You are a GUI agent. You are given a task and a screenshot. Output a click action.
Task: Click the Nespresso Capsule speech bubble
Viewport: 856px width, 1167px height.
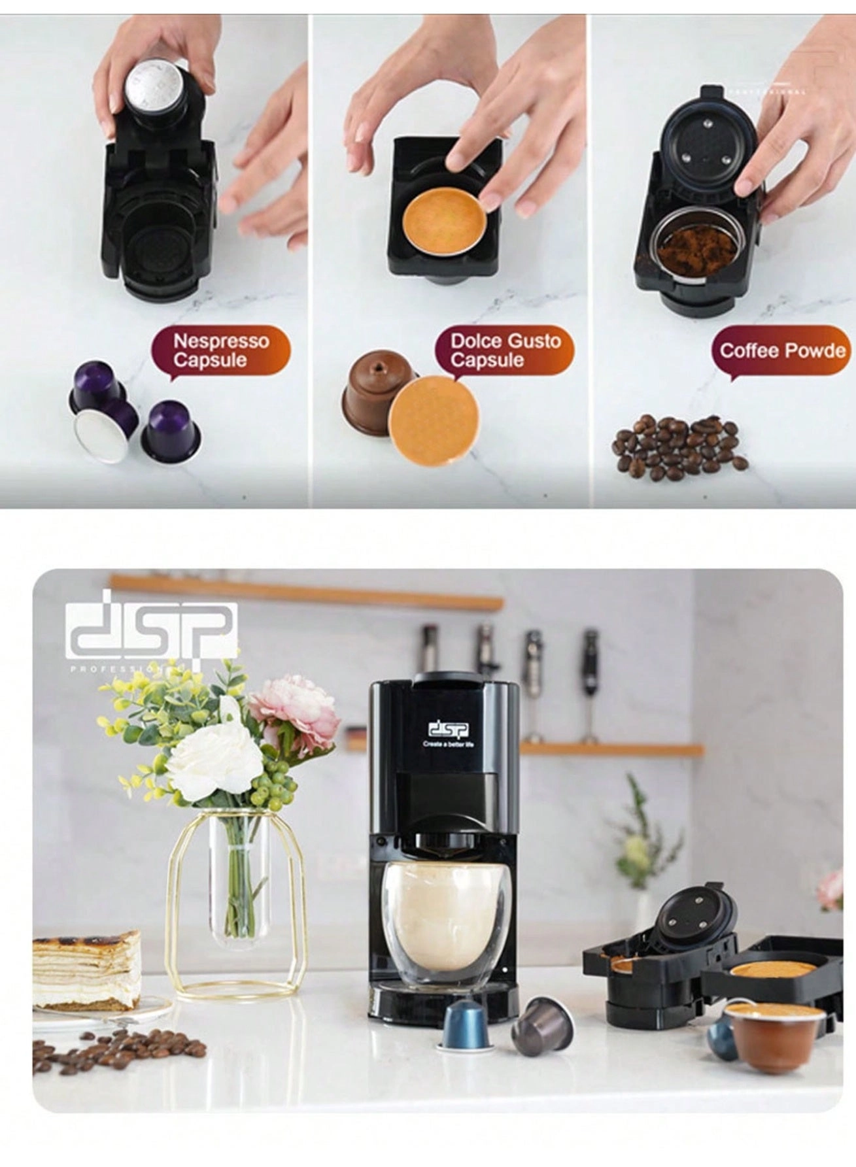pyautogui.click(x=220, y=350)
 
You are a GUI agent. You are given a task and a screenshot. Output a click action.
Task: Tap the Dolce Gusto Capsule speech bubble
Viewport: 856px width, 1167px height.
pyautogui.click(x=505, y=350)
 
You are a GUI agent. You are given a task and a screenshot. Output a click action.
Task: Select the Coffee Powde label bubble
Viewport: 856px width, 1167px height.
pyautogui.click(x=782, y=350)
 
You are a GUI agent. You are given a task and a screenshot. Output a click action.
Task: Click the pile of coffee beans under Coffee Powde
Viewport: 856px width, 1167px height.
pyautogui.click(x=678, y=445)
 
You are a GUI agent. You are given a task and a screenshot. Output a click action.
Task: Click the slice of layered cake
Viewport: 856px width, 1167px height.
pyautogui.click(x=86, y=969)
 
